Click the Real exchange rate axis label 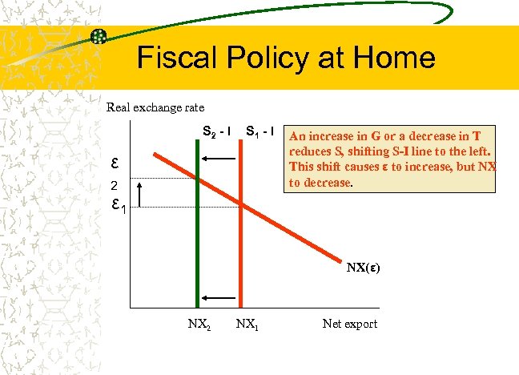(x=155, y=107)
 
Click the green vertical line (x=196, y=240)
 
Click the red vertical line (x=241, y=256)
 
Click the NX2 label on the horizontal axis (x=199, y=325)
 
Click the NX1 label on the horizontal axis (x=247, y=325)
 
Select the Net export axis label (x=349, y=325)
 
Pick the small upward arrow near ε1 (x=141, y=192)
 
